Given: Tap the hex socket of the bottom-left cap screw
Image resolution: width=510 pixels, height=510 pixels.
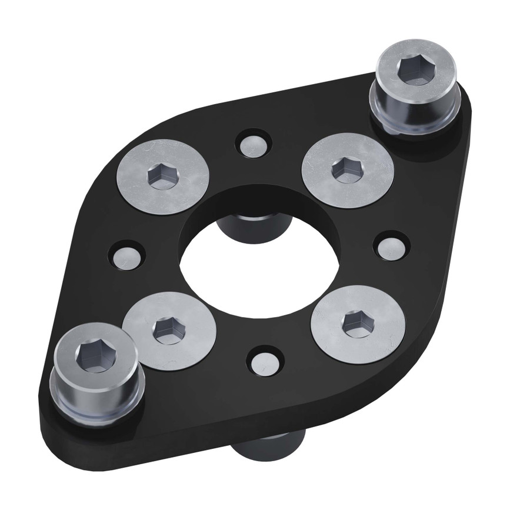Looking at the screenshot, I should tap(92, 355).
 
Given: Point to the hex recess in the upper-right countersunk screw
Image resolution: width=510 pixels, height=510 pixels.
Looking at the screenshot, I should tap(346, 170).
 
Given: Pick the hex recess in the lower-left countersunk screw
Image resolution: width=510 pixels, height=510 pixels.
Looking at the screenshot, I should tap(168, 331).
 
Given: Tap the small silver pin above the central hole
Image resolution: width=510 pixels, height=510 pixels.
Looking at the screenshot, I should tap(254, 144).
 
